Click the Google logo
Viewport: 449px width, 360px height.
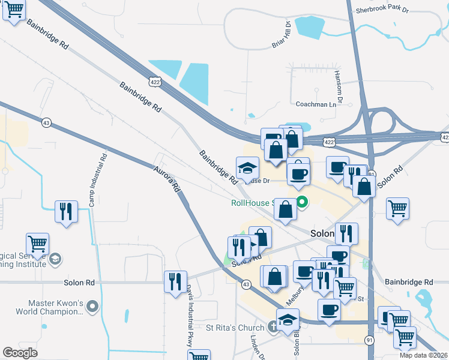[x=20, y=353]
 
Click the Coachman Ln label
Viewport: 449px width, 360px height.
[x=316, y=104]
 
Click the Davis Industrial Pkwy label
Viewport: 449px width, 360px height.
[x=188, y=318]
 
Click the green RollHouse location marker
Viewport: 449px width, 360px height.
[x=303, y=203]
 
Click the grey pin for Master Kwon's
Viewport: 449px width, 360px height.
[x=92, y=307]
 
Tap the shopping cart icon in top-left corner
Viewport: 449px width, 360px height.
[x=14, y=10]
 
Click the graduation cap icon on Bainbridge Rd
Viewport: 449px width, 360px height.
[x=247, y=168]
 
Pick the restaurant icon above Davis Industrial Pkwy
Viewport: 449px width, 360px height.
[x=175, y=281]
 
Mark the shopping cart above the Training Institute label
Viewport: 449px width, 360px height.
[x=37, y=244]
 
